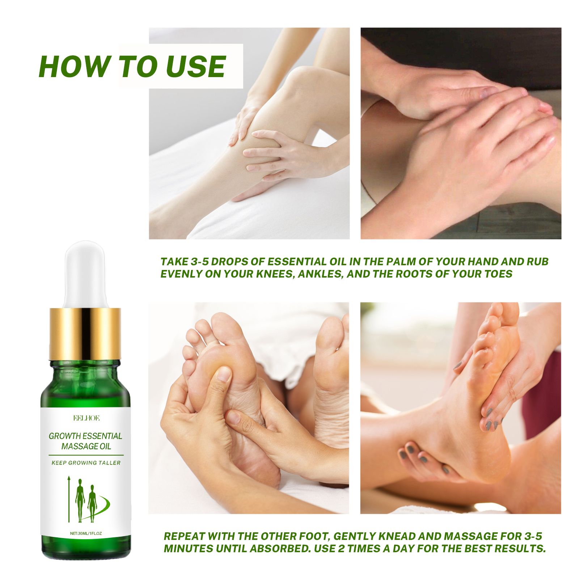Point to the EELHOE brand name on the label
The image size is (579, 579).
coord(86,418)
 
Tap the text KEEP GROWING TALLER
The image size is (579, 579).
coord(86,463)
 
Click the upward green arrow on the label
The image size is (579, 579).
coord(69,499)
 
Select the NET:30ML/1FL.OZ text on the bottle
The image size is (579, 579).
coord(86,533)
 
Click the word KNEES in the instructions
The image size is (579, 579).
coord(275,274)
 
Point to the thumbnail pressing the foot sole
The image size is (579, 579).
coord(224,374)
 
